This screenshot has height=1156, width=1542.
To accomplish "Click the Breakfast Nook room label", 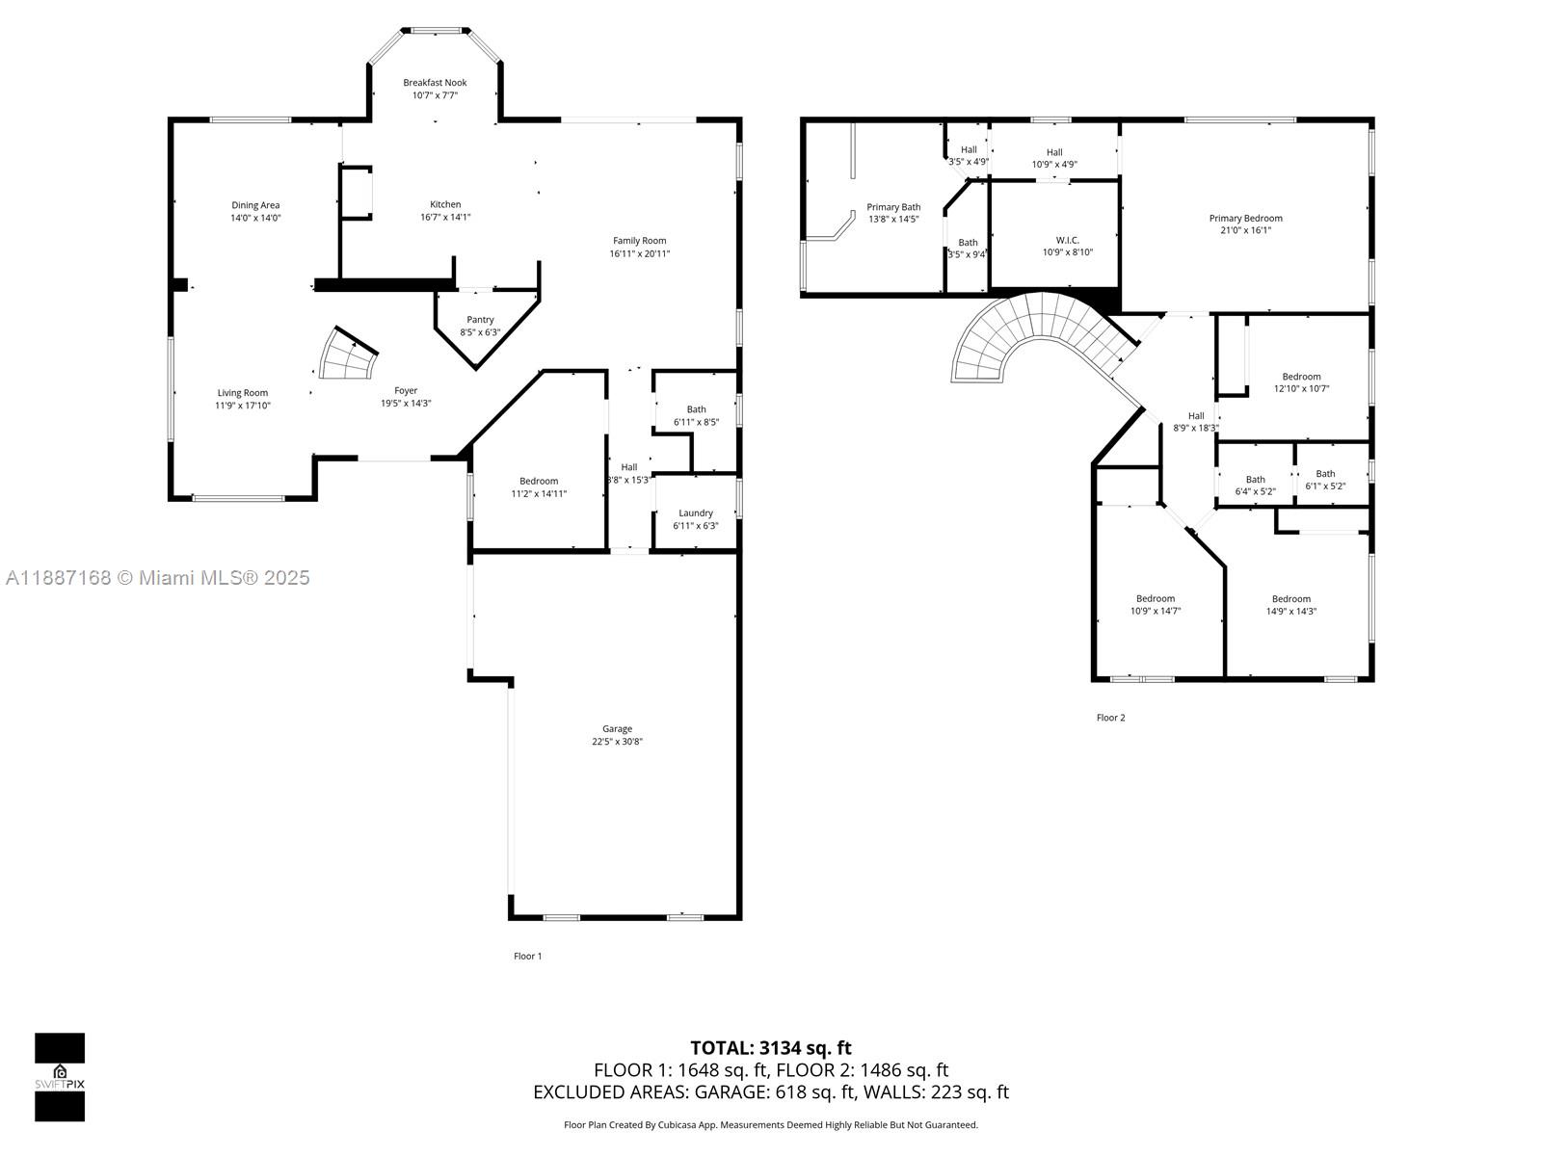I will coord(435,83).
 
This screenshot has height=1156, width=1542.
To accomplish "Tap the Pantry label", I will coord(480,320).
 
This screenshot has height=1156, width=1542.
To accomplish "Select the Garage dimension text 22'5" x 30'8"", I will coord(617,742).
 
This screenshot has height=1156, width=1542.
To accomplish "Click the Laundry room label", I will coord(695,513).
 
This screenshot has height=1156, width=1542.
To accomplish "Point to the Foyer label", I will coord(406,390).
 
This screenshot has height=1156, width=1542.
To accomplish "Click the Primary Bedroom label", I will coord(1245,219).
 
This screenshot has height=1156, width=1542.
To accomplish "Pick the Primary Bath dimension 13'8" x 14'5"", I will coord(892,220).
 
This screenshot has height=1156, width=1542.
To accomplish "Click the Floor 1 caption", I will coord(527,957).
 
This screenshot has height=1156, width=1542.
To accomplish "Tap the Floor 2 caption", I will coord(1110,718).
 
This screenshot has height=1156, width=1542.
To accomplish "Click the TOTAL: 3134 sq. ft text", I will coord(770,1048).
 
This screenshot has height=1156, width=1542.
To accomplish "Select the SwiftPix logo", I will coord(60,1077).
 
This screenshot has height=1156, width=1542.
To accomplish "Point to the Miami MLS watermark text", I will coord(157,578).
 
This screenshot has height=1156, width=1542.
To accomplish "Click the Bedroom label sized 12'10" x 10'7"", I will coord(1301,377).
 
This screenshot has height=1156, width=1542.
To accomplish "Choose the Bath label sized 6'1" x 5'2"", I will coord(1325,474).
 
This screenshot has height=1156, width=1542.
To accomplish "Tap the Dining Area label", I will coord(255,205).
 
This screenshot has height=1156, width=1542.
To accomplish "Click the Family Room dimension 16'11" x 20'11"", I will coord(639,254).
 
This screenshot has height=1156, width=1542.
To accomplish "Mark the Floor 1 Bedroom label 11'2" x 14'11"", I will coord(538,482).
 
